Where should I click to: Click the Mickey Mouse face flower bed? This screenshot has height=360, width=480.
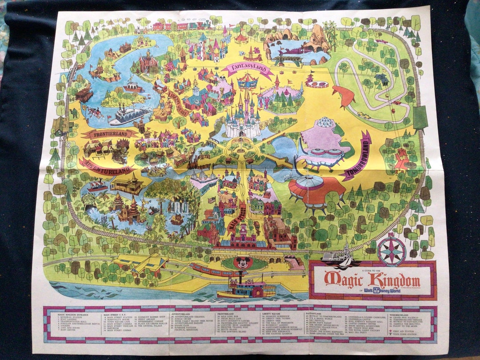tap(243, 263)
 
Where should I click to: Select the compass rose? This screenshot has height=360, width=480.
tap(391, 251)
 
